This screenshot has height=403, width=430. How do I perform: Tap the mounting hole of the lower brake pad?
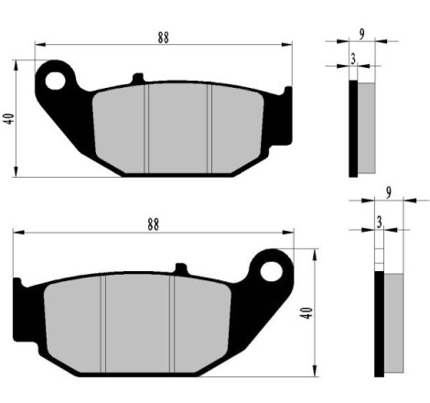click(271, 271)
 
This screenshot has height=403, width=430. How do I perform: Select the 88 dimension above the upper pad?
click(164, 38)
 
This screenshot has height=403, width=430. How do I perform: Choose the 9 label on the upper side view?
click(363, 35)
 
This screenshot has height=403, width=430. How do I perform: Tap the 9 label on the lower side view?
click(390, 192)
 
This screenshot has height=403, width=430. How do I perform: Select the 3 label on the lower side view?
click(379, 221)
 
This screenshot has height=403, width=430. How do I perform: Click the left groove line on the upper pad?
click(147, 127)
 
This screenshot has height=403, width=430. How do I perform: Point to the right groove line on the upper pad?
click(210, 127)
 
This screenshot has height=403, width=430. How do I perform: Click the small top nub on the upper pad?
click(138, 79)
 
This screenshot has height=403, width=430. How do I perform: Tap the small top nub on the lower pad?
click(180, 269)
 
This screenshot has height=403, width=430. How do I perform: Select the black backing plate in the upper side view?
click(353, 128)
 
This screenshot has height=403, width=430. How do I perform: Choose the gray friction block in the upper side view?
click(366, 128)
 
